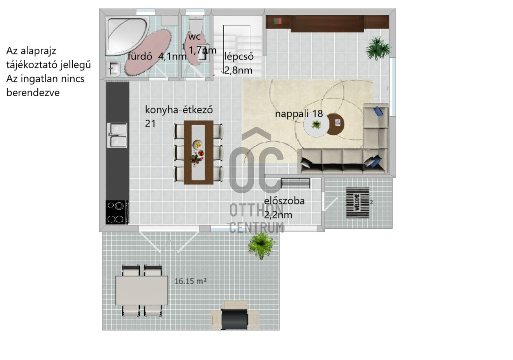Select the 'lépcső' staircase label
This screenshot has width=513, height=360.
pyautogui.click(x=239, y=56)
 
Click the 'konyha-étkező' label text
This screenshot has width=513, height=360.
pyautogui.click(x=179, y=109)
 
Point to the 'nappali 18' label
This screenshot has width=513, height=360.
pyautogui.click(x=299, y=114)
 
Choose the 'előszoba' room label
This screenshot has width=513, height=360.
pyautogui.click(x=285, y=201)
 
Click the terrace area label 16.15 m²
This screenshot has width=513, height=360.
pyautogui.click(x=190, y=281)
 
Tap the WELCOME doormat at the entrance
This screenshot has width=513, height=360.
pyautogui.click(x=358, y=203)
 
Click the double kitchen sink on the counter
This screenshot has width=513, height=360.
pyautogui.click(x=117, y=135)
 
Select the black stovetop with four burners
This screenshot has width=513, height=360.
pyautogui.click(x=117, y=212)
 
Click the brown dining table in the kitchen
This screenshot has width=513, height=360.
pyautogui.click(x=199, y=152)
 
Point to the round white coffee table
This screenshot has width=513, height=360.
pyautogui.click(x=316, y=125)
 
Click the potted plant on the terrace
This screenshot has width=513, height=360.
pyautogui.click(x=261, y=245)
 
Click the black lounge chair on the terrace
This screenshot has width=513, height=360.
pyautogui.click(x=235, y=319)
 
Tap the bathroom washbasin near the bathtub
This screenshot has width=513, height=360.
pyautogui.click(x=114, y=69)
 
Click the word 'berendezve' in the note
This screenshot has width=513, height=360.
pyautogui.click(x=33, y=93)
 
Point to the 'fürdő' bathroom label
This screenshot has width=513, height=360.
pyautogui.click(x=140, y=56)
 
